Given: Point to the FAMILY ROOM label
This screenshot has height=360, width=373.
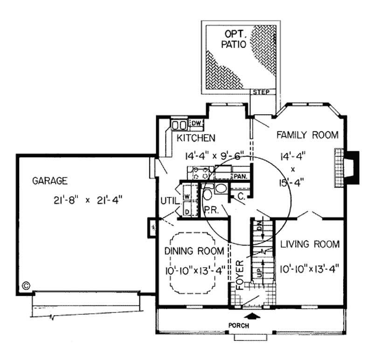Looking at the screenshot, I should (307, 135).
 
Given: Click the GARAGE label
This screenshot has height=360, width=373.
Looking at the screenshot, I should (50, 181).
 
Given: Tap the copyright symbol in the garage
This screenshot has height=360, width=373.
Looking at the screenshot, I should (26, 284).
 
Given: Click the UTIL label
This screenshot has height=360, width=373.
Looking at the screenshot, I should (168, 201).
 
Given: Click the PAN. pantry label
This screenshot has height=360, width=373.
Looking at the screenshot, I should (241, 176).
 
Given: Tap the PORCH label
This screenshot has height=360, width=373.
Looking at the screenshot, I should (251, 325).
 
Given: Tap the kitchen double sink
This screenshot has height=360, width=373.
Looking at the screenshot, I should (178, 125).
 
